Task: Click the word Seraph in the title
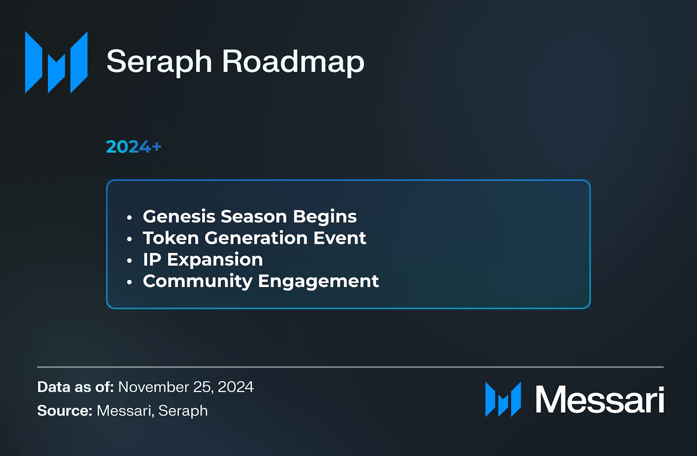point(159,61)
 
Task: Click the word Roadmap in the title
point(293,61)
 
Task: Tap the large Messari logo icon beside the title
point(56,62)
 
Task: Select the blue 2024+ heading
point(133,147)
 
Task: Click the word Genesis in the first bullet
point(179,217)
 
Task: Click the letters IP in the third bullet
point(152,260)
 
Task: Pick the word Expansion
point(215,260)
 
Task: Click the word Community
point(197,281)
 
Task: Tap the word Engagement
point(318,281)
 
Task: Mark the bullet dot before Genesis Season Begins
point(129,217)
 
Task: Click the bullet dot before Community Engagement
point(129,282)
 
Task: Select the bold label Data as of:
point(75,387)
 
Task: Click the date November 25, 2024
point(186,387)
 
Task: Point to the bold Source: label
point(64,410)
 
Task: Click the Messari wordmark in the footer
point(599,399)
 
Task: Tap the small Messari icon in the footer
point(503,399)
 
